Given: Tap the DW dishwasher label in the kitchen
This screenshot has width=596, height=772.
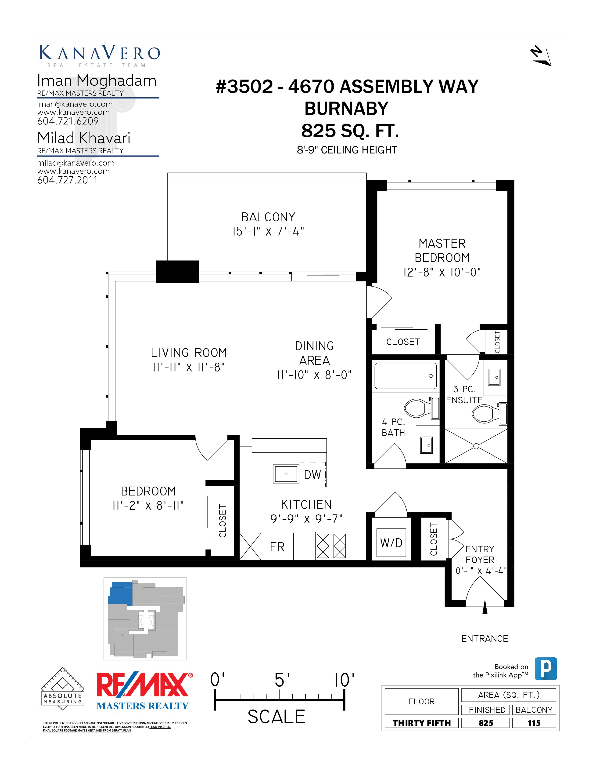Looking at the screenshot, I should (312, 475).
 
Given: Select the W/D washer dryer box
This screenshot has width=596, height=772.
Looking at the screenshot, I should (391, 543).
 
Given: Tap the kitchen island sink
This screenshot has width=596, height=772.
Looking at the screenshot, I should (286, 474).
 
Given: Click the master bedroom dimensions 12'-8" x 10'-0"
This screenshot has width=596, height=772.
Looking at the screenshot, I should (442, 272).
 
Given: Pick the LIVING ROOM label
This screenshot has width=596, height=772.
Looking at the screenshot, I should (189, 353).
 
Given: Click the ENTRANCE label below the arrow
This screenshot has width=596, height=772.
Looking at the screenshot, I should (485, 638).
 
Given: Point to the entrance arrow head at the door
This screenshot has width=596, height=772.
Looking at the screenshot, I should (485, 607).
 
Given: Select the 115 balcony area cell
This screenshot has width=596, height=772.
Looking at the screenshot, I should (534, 723).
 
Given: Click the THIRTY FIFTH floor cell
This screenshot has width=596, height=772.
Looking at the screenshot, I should (422, 723).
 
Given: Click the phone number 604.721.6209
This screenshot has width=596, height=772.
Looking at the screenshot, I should (68, 121).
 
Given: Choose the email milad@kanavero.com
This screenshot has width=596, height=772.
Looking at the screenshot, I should (75, 163).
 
